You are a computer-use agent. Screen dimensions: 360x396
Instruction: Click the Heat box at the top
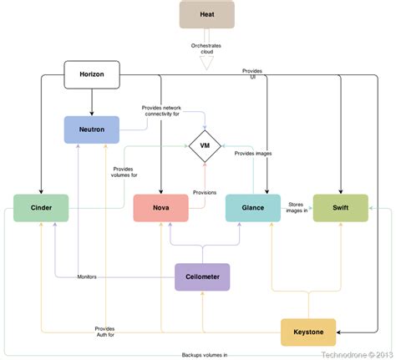[x=206, y=14]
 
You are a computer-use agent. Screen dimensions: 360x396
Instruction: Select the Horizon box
[x=92, y=75]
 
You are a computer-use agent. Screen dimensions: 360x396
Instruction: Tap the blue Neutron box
[x=92, y=129]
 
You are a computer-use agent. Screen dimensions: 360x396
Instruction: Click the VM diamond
[x=203, y=147]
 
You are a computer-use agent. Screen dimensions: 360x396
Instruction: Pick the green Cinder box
[x=41, y=208]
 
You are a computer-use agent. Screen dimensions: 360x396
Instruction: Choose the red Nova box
[x=160, y=208]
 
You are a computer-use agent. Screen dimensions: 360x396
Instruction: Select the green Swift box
[x=340, y=208]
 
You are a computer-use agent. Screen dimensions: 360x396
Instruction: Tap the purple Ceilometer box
[x=202, y=276]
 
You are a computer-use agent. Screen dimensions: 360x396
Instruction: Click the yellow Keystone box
[x=308, y=332]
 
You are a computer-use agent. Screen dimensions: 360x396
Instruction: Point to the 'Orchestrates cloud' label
[x=206, y=47]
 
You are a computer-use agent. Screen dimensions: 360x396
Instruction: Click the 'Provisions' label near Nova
[x=205, y=192]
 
